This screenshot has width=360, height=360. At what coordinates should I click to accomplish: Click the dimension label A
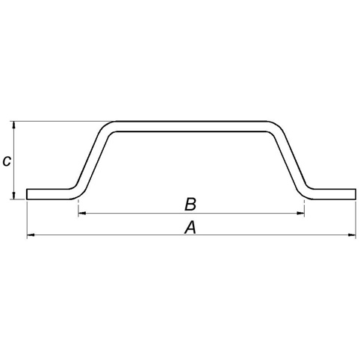pos(190,228)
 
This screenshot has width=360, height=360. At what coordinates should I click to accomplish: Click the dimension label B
pos(190,204)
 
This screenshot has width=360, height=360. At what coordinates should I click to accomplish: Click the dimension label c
pos(7,161)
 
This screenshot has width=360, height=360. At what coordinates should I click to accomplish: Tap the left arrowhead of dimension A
pos(30,235)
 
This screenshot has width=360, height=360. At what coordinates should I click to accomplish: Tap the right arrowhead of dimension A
pos(353,235)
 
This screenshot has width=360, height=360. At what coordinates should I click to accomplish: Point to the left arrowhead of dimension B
pos(82,213)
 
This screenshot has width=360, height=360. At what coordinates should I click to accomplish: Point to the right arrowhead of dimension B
pos(301,213)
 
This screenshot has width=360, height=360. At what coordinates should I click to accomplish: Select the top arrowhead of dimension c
pos(14,125)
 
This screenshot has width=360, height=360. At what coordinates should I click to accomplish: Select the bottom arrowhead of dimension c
pos(14,196)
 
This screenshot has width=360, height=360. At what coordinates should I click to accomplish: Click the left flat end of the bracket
pos(47,194)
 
